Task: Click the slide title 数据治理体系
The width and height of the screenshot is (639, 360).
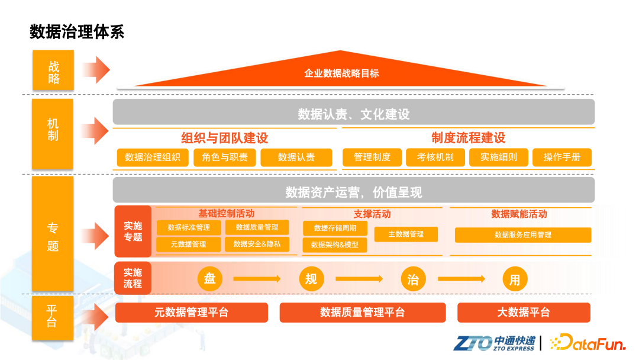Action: pyautogui.click(x=77, y=31)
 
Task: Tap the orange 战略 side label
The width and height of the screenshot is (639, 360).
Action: pyautogui.click(x=53, y=71)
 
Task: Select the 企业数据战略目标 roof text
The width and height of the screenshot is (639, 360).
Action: pyautogui.click(x=341, y=73)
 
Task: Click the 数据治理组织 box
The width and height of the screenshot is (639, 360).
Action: pyautogui.click(x=153, y=157)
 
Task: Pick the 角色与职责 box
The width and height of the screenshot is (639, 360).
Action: pyautogui.click(x=224, y=157)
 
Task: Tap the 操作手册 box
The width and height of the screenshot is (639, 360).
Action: pyautogui.click(x=561, y=157)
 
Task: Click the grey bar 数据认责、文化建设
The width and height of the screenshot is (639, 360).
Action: pyautogui.click(x=353, y=113)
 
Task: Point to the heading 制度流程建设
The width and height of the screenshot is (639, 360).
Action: pyautogui.click(x=468, y=139)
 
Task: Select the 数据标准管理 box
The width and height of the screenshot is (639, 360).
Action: pyautogui.click(x=189, y=227)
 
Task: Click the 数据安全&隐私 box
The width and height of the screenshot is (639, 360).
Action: pyautogui.click(x=257, y=244)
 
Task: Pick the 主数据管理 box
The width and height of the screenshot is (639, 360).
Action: pyautogui.click(x=406, y=234)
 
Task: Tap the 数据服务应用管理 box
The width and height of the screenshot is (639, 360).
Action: pyautogui.click(x=523, y=235)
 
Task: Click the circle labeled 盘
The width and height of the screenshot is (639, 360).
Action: pyautogui.click(x=209, y=279)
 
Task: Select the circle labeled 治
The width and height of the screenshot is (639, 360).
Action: pyautogui.click(x=413, y=279)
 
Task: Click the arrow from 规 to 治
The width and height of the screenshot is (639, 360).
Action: pyautogui.click(x=359, y=279)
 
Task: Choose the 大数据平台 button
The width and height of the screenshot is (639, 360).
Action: pyautogui.click(x=524, y=313)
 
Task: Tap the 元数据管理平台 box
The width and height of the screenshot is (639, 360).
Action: pyautogui.click(x=191, y=313)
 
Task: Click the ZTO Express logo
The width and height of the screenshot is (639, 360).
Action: pyautogui.click(x=494, y=343)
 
